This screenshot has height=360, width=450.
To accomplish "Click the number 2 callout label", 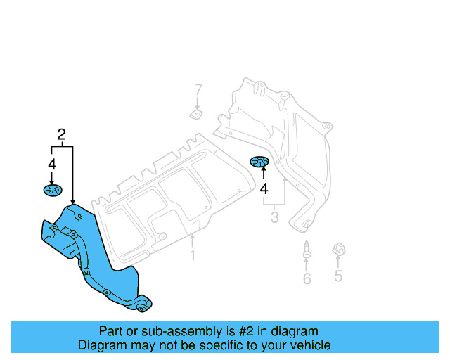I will pos(62,134).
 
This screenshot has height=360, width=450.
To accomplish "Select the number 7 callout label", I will pos(198,89).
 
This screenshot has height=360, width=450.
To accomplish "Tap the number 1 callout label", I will pos(192,255).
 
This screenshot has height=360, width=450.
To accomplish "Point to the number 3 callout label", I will pos(274,219).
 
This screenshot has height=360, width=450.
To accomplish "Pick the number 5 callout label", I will pos(338,276).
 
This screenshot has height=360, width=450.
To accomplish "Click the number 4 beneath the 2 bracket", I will pos(51,164).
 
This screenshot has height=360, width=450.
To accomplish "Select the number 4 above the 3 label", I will pos(264,188).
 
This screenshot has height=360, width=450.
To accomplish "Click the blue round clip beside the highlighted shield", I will pos(52,190).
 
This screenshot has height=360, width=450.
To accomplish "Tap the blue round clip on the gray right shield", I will pos(260,163).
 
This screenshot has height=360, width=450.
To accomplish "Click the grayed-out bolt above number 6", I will pos(307,248).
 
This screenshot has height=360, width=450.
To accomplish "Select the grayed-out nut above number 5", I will pos(338,250).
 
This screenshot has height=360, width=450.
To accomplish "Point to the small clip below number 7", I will pos(196,113).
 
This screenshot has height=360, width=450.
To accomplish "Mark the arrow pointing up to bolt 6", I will pos(307,263).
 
